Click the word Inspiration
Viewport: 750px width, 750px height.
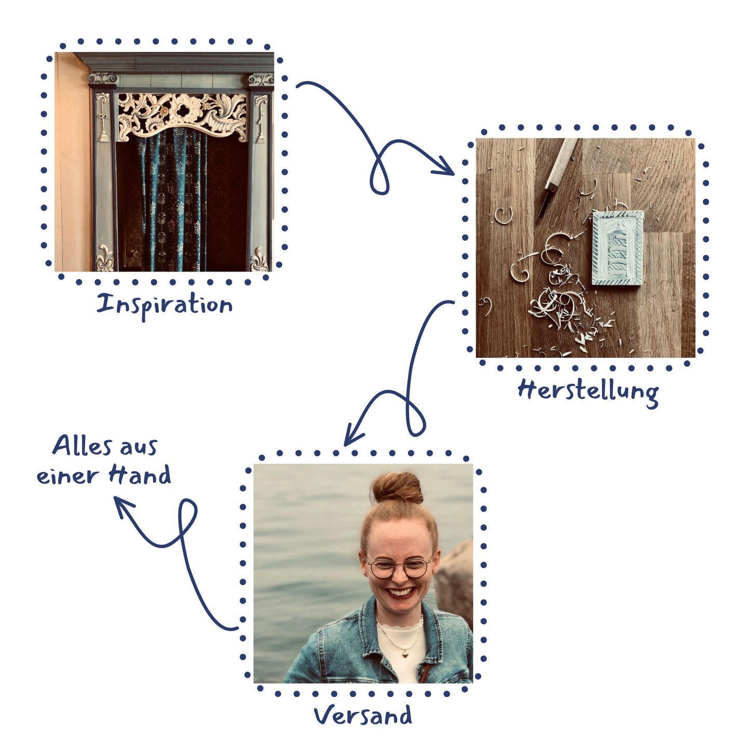pyautogui.click(x=165, y=305)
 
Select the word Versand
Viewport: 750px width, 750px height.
pyautogui.click(x=363, y=715)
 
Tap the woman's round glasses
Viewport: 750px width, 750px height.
pyautogui.click(x=399, y=568)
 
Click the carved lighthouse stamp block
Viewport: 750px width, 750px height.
pyautogui.click(x=618, y=248)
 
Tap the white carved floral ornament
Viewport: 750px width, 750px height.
pyautogui.click(x=182, y=113)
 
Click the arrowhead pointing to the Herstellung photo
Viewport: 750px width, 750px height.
pyautogui.click(x=446, y=170)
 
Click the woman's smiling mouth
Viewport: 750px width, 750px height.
pyautogui.click(x=401, y=592)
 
